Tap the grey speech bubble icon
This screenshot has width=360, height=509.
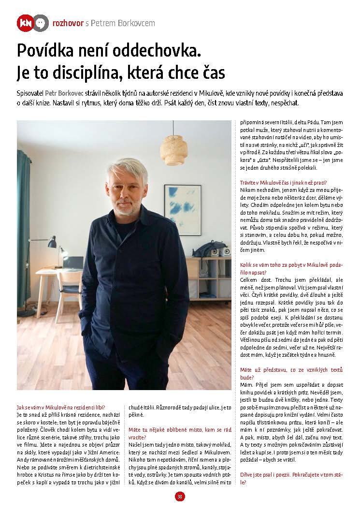(x=41, y=23)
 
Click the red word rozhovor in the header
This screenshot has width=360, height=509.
(x=68, y=23)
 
